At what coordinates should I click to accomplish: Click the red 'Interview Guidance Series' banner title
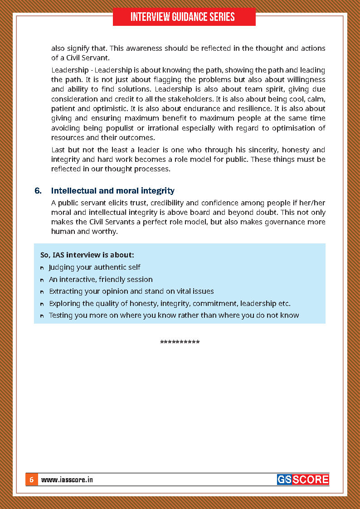[183, 17]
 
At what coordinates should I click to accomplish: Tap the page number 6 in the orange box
[31, 480]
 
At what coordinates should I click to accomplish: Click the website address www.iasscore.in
[67, 480]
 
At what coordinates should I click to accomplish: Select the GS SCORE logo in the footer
[302, 480]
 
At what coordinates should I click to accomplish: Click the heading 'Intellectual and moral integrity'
[112, 191]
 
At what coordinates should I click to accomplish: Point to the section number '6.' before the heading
[38, 191]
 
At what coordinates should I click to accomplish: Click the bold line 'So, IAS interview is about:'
[87, 255]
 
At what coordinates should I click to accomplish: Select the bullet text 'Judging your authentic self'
[94, 267]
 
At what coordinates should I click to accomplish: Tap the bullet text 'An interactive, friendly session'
[101, 280]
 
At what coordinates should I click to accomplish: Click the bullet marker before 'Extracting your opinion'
[42, 292]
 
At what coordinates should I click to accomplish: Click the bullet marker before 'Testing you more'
[42, 316]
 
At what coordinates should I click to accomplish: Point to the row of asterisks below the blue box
[180, 342]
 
